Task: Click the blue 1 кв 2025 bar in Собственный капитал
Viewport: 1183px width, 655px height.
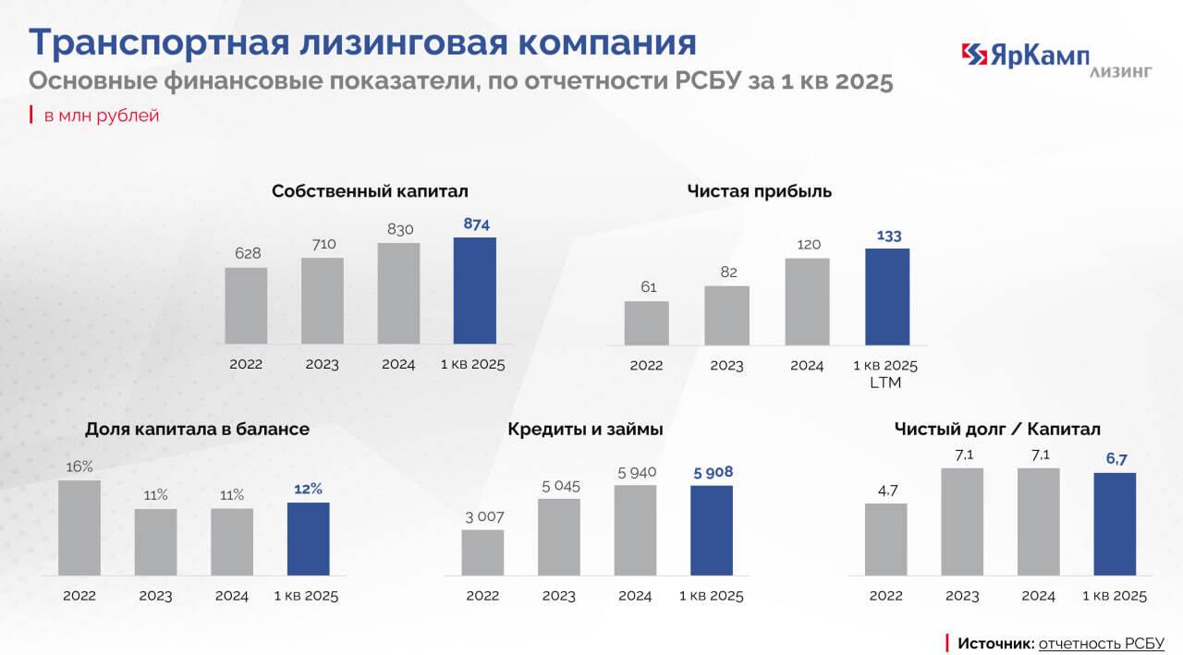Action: coord(474,290)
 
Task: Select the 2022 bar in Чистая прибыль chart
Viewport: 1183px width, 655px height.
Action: coord(646,322)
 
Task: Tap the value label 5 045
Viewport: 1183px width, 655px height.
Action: coord(559,486)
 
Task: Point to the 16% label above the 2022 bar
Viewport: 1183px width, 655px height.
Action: coord(79,467)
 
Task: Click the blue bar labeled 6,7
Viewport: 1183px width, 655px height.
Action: coord(1115,524)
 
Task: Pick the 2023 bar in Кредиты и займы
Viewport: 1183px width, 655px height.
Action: coord(559,537)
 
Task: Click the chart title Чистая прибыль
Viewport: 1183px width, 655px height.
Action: coord(760,192)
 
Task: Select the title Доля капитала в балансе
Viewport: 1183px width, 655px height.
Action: coord(197,430)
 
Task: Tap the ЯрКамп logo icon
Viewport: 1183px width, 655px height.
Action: coord(975,55)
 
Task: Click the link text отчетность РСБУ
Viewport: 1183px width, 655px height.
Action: coord(1101,643)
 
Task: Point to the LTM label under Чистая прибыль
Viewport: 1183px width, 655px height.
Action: coord(885,382)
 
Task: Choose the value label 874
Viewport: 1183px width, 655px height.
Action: coord(476,224)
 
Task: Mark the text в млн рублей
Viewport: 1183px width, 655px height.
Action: coord(102,115)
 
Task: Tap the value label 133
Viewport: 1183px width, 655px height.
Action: coord(888,235)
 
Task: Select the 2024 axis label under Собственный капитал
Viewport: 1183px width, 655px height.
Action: coord(398,364)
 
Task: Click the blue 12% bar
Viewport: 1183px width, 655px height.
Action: coord(308,539)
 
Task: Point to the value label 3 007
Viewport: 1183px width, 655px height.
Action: coord(483,516)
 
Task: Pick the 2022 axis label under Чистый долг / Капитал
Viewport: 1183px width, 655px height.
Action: coord(885,596)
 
